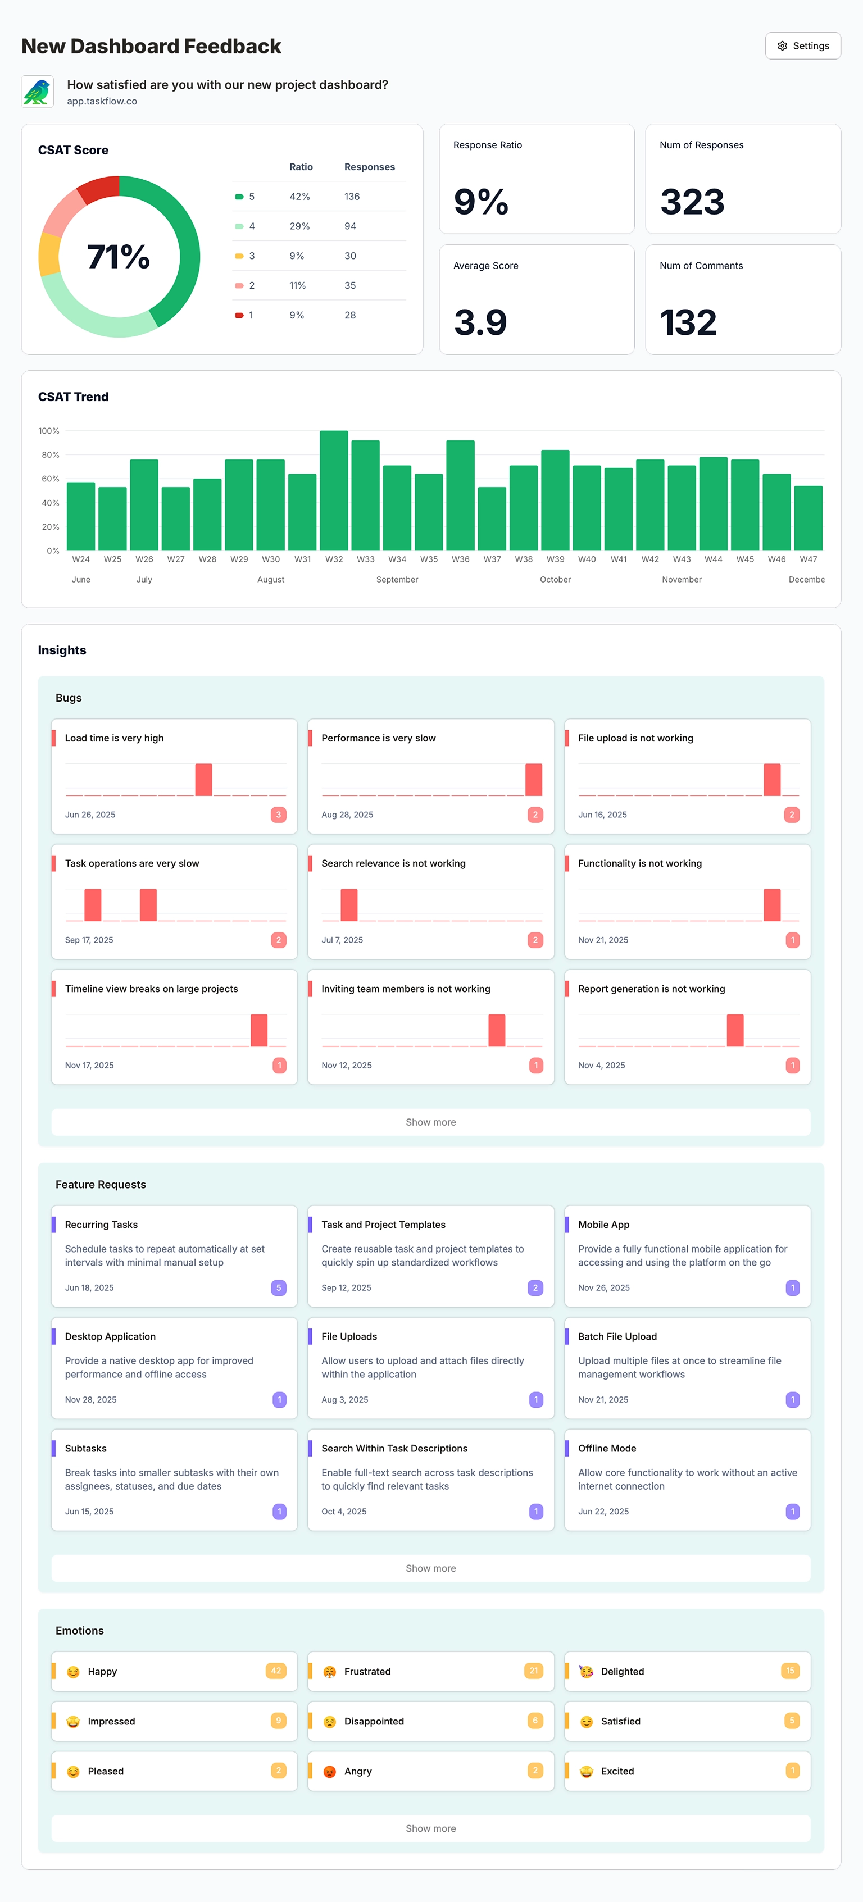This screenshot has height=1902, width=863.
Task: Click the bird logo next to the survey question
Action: click(37, 92)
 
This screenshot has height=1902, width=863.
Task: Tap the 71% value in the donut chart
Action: click(118, 257)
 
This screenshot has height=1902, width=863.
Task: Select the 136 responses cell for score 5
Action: click(352, 197)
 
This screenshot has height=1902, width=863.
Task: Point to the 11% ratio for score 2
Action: click(298, 286)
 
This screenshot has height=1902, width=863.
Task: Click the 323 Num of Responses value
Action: click(692, 202)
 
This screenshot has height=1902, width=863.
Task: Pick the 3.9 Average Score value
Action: click(480, 322)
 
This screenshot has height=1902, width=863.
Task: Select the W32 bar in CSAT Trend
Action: click(334, 490)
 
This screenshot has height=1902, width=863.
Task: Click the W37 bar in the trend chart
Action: click(492, 518)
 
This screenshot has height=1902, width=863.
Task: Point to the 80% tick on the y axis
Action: click(50, 455)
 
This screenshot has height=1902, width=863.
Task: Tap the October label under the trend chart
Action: click(555, 580)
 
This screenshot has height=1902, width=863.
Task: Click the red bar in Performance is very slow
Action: click(534, 780)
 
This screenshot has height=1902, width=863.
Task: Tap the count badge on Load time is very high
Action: click(278, 815)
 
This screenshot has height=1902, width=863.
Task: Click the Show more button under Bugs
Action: click(430, 1122)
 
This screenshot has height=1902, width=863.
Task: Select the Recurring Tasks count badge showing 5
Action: click(278, 1287)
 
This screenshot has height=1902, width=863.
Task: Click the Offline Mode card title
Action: click(607, 1449)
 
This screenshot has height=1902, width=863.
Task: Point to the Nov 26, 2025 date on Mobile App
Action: click(604, 1287)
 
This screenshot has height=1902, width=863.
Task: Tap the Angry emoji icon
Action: click(329, 1771)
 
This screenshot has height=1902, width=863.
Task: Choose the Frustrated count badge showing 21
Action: click(533, 1671)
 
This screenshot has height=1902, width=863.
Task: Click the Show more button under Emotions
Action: click(430, 1828)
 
